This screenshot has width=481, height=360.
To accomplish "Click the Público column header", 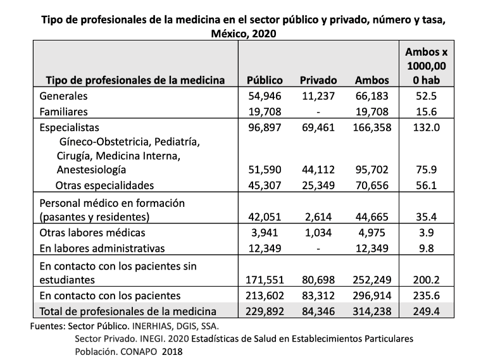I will pyautogui.click(x=264, y=80).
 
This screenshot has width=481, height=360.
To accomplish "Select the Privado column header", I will pyautogui.click(x=318, y=80).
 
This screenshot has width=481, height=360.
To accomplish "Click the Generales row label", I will pyautogui.click(x=63, y=96).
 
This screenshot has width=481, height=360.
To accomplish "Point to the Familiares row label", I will pyautogui.click(x=63, y=111).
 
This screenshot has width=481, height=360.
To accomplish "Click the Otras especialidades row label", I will pyautogui.click(x=104, y=185).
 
